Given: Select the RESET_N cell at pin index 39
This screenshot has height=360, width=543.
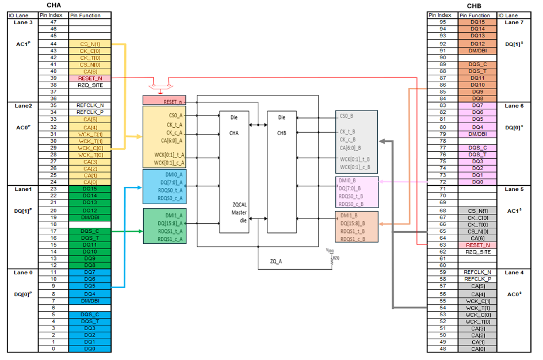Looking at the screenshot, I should tap(89, 78).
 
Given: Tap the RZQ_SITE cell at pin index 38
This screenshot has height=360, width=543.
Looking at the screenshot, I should tap(89, 85).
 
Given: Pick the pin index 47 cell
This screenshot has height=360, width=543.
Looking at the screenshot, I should tap(53, 22).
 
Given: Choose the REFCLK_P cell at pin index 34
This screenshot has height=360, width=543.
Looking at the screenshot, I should tap(89, 113).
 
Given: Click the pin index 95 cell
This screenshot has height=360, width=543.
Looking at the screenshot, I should tap(443, 22).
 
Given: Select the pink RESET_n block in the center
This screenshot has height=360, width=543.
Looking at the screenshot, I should tap(165, 101).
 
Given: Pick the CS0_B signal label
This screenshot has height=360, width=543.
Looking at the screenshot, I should tap(345, 116).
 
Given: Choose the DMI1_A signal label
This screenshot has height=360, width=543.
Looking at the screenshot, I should tap(173, 216).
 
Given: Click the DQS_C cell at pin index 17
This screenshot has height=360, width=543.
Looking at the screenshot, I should tap(89, 231).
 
